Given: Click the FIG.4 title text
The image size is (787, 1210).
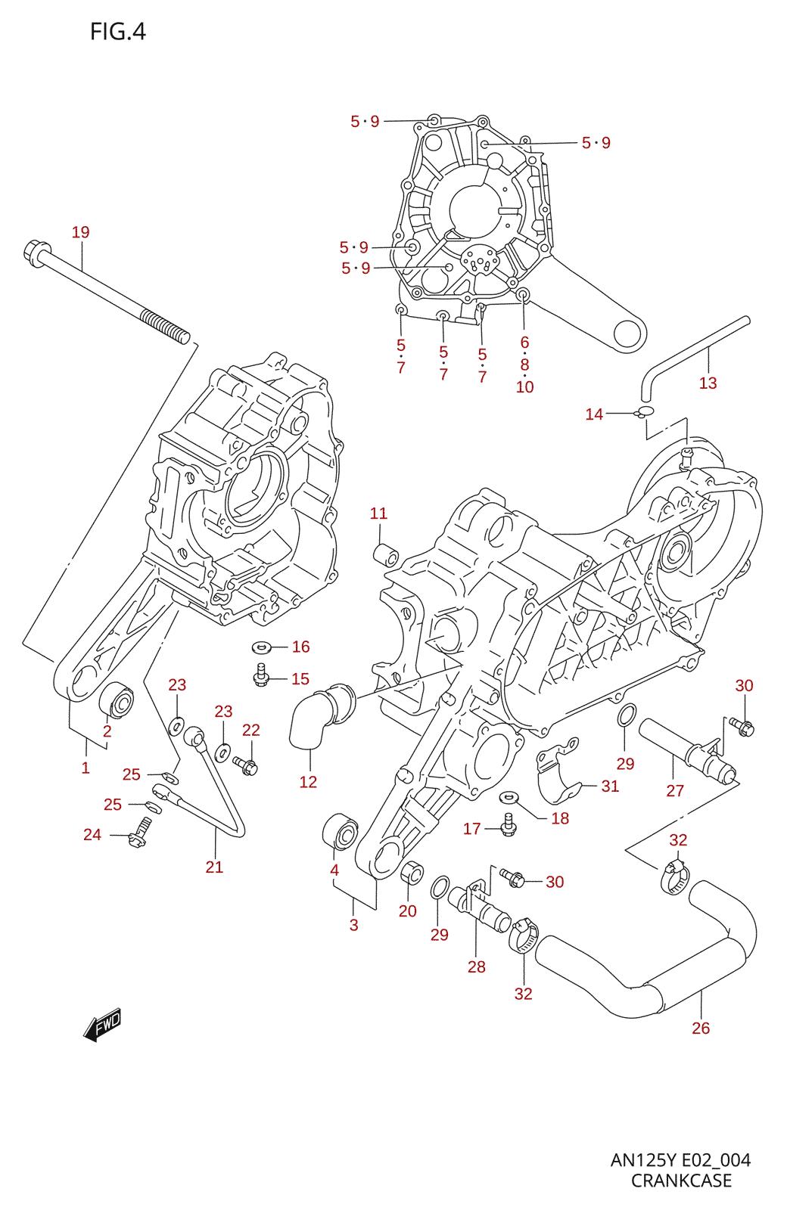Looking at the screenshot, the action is pos(118,32).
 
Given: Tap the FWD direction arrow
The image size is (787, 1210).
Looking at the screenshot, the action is pos(103,1024).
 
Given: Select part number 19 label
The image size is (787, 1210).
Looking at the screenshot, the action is pos(80,232).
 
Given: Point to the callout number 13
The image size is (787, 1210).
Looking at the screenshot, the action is pos(708,383).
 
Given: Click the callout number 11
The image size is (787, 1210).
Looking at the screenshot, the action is pos(378,513).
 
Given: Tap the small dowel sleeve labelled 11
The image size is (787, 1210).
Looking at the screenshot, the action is pos(386,555).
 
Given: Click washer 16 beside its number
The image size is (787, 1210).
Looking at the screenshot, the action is pos(263,646).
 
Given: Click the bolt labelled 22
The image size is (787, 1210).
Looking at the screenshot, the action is pos(245,765).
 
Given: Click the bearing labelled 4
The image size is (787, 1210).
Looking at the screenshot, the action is pos(340,832).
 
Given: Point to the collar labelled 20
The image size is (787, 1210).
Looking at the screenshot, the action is pos(412,873).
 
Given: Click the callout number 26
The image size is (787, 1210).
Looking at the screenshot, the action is pos(701,1028).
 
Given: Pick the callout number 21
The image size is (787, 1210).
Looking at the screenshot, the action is pos(214,867).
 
